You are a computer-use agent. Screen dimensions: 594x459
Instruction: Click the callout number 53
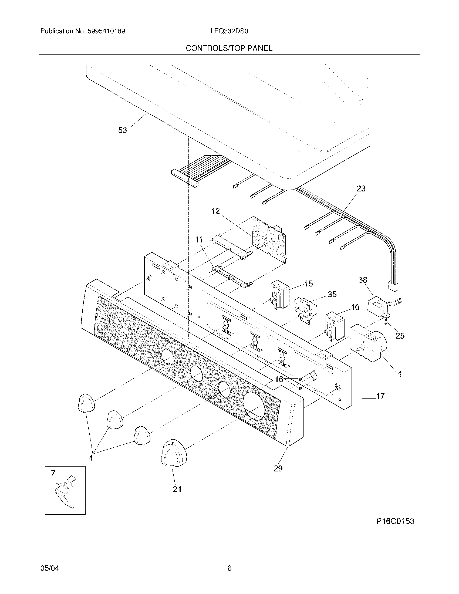coord(122,130)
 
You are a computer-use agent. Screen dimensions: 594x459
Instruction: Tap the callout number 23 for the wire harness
coord(361,188)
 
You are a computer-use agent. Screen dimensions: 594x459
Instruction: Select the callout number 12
coord(215,211)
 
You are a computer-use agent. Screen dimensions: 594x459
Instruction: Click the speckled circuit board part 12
coord(269,239)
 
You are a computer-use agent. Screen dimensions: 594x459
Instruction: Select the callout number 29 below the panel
coord(278,468)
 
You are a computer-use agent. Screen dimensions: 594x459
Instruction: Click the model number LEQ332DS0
coord(229,31)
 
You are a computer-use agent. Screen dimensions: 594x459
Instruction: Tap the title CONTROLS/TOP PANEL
coord(229,48)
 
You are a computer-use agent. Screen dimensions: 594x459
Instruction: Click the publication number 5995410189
coord(106,31)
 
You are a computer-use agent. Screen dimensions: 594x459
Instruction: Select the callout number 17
coord(380,396)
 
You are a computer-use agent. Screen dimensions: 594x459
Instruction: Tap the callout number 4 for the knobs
coord(91,458)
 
